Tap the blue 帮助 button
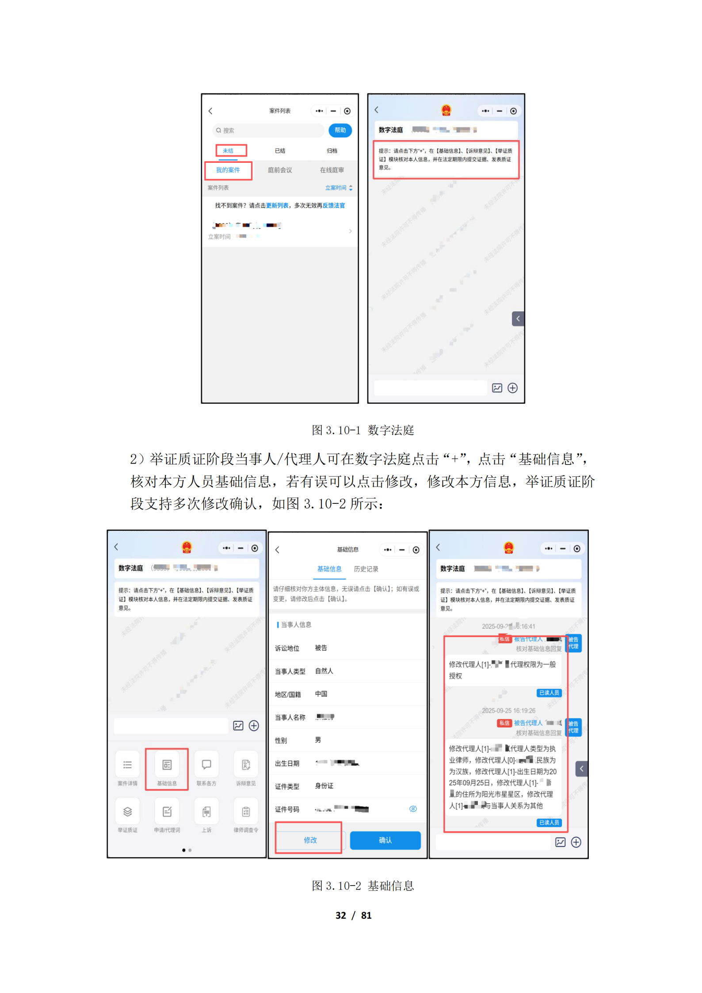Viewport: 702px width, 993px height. (340, 130)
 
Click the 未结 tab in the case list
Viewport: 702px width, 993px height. (229, 151)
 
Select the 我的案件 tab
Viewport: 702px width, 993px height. (228, 170)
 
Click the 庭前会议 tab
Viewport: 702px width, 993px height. (280, 170)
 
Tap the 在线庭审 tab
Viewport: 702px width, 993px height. (332, 170)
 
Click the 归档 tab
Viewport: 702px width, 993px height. (332, 151)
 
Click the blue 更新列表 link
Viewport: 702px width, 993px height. (277, 206)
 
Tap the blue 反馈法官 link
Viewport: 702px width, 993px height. (333, 206)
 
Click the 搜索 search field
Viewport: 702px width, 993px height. (268, 130)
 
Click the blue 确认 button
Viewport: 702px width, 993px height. (385, 840)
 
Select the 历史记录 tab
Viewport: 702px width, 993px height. (366, 569)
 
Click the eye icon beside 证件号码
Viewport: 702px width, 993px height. (413, 809)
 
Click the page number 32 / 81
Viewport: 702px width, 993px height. (353, 915)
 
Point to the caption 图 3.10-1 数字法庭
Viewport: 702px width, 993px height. (362, 430)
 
